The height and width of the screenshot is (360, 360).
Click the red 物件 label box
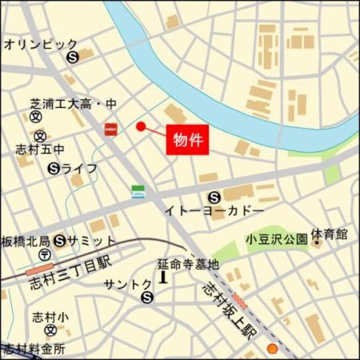coord(187,138)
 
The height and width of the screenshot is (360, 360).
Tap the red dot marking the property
coord(141,127)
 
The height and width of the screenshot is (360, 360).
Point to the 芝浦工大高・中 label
coord(73,104)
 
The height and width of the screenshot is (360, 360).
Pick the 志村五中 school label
coord(33,150)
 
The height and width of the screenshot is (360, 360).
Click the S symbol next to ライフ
coord(54,168)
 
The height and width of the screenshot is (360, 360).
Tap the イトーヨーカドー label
coord(214,210)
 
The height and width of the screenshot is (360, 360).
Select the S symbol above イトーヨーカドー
coord(214,197)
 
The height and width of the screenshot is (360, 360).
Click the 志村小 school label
coord(50,317)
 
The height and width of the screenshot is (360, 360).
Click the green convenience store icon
coord(138,191)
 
